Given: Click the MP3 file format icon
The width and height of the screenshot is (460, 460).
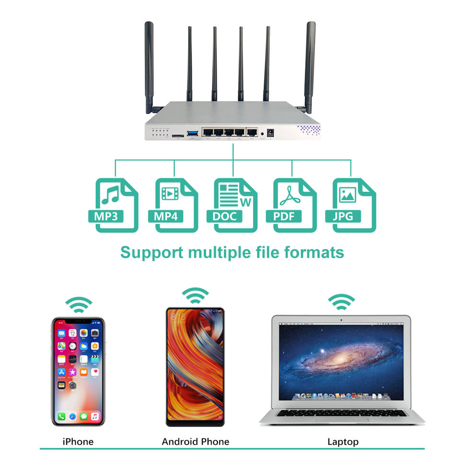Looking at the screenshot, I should point(116,205).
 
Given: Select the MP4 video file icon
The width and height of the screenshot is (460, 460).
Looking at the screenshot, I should point(176,205).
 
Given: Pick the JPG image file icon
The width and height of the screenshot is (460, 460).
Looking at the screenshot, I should point(354,205).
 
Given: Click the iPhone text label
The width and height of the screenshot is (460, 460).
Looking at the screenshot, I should point(78,441).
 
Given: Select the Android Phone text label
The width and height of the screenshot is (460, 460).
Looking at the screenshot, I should point(195,441).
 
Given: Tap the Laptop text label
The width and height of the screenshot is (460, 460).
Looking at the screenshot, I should point(343,441).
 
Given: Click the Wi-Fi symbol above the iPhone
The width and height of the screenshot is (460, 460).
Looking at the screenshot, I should point(79,304).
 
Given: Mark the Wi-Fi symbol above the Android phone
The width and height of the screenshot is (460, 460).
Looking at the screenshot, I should point(195,295).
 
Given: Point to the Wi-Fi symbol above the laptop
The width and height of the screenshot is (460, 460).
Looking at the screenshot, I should point(341,301).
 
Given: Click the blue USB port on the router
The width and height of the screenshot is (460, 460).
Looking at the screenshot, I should point(193,132).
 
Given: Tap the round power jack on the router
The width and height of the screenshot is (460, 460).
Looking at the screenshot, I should point(270,132).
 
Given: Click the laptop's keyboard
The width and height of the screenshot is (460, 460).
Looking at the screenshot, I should point(342,413).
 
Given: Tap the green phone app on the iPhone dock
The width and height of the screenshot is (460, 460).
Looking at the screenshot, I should point(61,416).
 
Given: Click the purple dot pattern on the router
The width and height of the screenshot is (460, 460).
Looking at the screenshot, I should point(308,130).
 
